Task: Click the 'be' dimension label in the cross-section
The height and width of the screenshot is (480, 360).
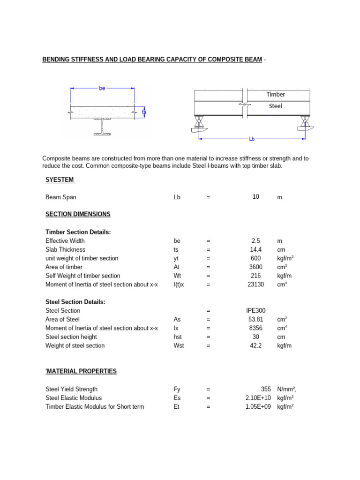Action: click(102, 88)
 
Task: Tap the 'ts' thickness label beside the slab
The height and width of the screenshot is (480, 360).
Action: click(144, 112)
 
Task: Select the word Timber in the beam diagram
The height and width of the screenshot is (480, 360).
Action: click(276, 94)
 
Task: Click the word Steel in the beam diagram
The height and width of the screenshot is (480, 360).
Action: click(276, 106)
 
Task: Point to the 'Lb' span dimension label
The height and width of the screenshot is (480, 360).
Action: click(252, 139)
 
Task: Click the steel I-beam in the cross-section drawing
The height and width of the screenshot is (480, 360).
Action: click(102, 127)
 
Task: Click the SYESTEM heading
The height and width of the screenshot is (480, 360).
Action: click(60, 180)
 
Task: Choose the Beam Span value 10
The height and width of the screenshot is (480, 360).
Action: click(255, 197)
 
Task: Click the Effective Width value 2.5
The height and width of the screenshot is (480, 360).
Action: click(255, 241)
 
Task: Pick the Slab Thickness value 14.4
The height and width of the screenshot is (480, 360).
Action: click(255, 249)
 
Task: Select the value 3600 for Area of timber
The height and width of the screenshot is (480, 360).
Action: click(255, 267)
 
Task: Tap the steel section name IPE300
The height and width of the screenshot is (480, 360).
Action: click(255, 311)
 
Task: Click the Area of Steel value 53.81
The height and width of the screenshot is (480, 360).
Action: click(255, 320)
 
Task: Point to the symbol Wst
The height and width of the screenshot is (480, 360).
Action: click(179, 346)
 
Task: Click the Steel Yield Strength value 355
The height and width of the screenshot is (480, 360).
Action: click(266, 390)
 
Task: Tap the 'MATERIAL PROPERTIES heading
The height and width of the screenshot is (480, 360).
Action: click(81, 371)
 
